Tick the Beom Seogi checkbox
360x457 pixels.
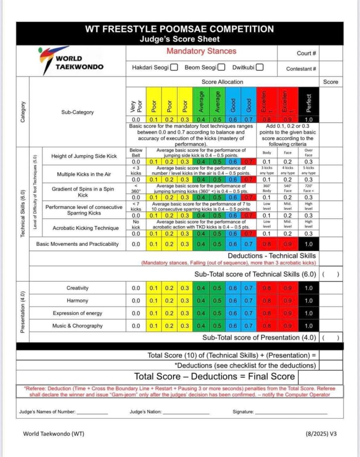(x=221, y=68)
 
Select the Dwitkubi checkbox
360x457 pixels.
(x=260, y=68)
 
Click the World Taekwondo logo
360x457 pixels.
(x=71, y=61)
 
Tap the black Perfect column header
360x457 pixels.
(x=309, y=102)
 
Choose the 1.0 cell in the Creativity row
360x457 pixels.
(x=309, y=288)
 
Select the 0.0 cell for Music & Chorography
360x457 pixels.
(x=136, y=326)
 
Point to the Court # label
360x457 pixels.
(x=306, y=53)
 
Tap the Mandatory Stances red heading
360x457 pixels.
(x=201, y=51)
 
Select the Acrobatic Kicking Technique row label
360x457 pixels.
(x=85, y=228)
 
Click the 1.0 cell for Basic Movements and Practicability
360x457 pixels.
(x=309, y=244)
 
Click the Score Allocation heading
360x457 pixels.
(x=222, y=82)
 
